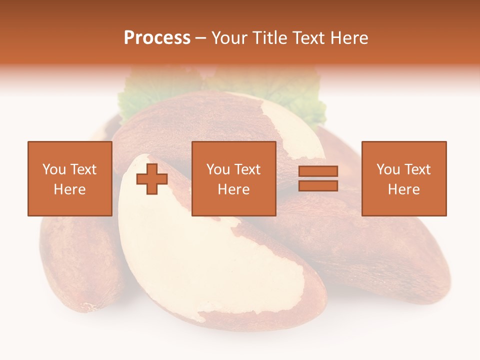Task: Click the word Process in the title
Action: coord(157,37)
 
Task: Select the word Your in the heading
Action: coord(229,37)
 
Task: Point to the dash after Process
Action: coord(200,38)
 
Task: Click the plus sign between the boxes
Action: coord(152,179)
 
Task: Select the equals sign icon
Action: coord(318,178)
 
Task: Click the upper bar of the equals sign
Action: coord(318,171)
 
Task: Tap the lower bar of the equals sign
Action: coord(318,185)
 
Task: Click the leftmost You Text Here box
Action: coord(69,178)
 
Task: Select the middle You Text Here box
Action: coord(233,178)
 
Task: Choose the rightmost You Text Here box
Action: coord(403,178)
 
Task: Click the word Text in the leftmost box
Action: coord(82,169)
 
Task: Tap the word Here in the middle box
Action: coord(233,189)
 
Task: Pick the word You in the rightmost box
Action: coord(387,169)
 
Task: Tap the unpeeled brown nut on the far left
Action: coord(75,265)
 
